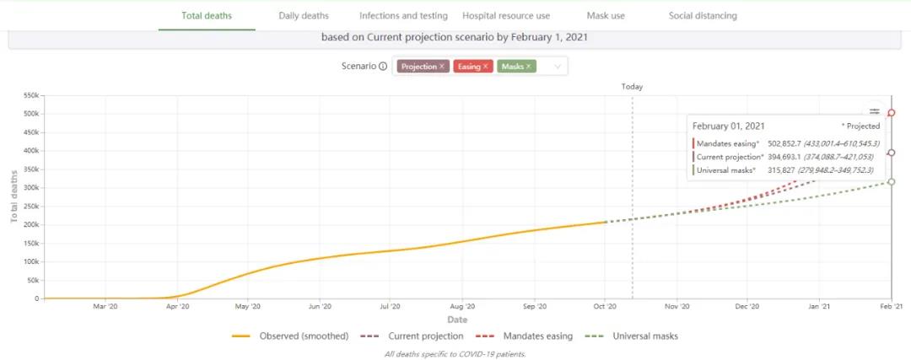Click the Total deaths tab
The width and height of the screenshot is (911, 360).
(x=207, y=15)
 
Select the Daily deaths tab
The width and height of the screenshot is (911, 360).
(x=304, y=15)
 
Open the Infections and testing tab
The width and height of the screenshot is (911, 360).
(x=402, y=15)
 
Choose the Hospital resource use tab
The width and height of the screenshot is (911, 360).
(x=506, y=15)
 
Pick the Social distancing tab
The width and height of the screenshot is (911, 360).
(x=703, y=15)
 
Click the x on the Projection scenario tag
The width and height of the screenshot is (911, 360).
(x=442, y=67)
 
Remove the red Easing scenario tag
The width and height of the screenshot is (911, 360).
(x=486, y=67)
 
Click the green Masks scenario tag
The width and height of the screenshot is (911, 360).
(x=512, y=67)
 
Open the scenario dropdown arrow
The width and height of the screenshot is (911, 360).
(x=557, y=67)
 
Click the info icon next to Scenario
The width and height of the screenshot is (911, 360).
(x=383, y=67)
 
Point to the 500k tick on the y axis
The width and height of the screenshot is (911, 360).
(x=30, y=114)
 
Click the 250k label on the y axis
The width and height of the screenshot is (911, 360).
(x=30, y=206)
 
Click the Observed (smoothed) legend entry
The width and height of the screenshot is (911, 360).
(x=291, y=336)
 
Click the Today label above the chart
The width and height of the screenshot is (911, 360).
(x=632, y=87)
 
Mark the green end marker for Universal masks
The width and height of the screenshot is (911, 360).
(x=892, y=182)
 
